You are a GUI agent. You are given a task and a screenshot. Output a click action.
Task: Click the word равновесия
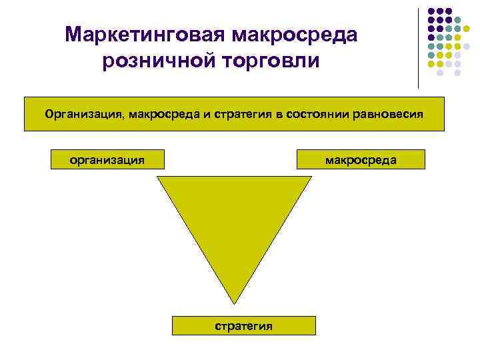(x=387, y=114)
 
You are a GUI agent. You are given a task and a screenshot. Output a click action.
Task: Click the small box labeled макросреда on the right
(x=361, y=160)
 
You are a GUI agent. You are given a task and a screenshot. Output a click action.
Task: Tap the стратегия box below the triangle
(x=243, y=325)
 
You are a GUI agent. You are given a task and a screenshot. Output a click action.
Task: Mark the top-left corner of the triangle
(x=158, y=177)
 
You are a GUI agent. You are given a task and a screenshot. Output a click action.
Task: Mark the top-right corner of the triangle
(x=311, y=177)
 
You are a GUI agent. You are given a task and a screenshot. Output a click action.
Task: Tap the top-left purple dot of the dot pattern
(x=431, y=11)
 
